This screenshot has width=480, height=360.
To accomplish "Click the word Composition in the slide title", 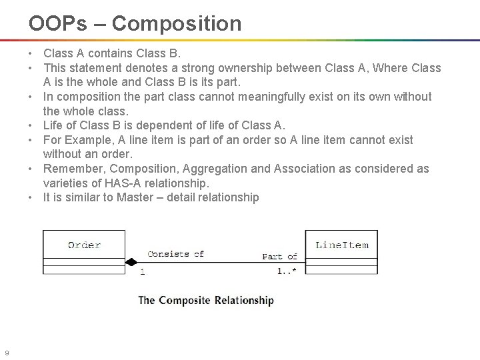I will pos(177,24).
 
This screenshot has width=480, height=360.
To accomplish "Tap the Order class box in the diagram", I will pos(84,251).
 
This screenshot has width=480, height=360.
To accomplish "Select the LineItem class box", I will pos(341,251).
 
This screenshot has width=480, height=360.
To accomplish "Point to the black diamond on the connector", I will pos(132,261).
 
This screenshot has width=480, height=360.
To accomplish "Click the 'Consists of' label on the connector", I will pos(175,253).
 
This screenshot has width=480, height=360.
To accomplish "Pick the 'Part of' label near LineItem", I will pos(279,256).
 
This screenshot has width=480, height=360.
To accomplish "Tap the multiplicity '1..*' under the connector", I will pos(287,271).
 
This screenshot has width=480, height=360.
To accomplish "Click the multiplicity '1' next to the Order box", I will pos(143,271).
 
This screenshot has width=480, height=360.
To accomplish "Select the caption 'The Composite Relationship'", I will pos(205,300).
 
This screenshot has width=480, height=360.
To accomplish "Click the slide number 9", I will pos(6,353).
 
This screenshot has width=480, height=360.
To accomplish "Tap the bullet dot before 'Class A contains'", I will pos(31,53).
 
